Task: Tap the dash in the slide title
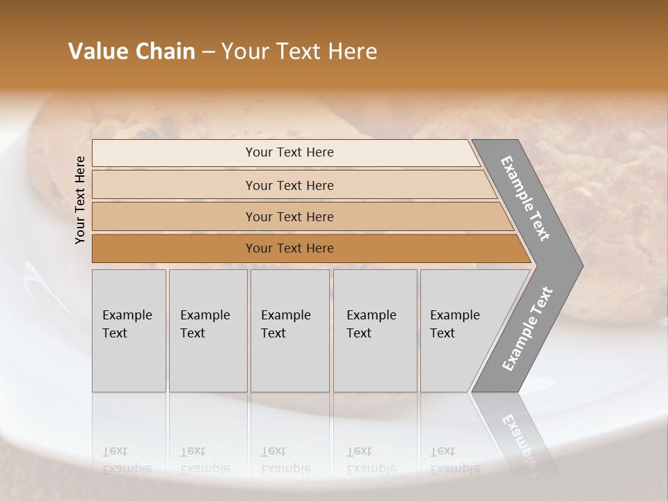[208, 52]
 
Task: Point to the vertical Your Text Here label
[80, 200]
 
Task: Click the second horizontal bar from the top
[289, 185]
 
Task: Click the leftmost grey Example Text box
[129, 331]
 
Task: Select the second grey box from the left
[208, 331]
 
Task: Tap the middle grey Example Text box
[289, 331]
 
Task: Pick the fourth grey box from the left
[375, 331]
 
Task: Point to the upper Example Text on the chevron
[525, 199]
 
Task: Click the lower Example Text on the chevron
[527, 329]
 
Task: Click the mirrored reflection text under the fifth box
[454, 461]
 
